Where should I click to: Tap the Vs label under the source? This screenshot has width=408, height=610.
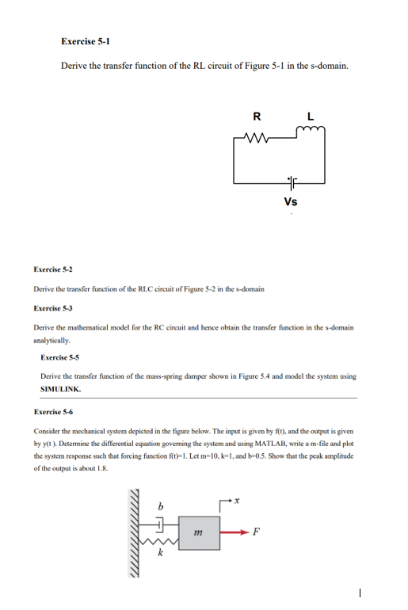point(290,202)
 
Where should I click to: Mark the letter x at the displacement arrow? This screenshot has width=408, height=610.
point(246,504)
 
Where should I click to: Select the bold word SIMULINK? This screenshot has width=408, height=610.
point(60,390)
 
